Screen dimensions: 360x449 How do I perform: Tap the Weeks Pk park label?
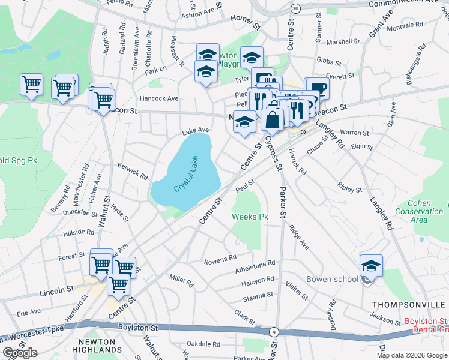click(250, 217)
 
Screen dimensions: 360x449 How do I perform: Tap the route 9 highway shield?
click(274, 332)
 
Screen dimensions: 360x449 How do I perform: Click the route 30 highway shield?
click(295, 8)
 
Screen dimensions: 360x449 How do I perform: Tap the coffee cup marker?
click(318, 89)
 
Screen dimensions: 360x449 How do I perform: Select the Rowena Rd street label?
click(220, 259)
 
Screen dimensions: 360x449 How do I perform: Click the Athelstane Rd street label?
click(255, 264)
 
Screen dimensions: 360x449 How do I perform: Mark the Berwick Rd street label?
click(133, 170)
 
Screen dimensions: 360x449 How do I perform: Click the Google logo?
click(20, 353)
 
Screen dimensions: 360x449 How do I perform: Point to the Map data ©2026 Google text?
click(412, 355)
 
